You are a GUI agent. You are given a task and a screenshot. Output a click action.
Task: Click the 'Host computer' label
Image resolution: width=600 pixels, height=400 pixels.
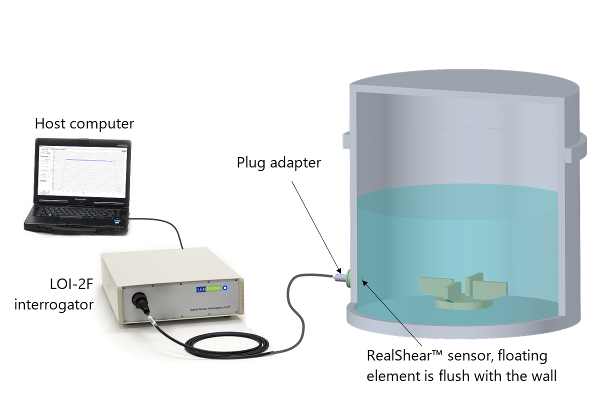(x=84, y=124)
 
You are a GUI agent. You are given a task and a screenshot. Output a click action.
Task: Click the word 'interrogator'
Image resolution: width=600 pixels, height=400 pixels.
(x=53, y=304)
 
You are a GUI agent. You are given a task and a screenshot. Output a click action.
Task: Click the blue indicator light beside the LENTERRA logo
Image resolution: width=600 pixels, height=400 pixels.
(x=225, y=288)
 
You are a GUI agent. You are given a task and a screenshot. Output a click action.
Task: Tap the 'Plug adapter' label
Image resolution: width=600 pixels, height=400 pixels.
(x=278, y=163)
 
